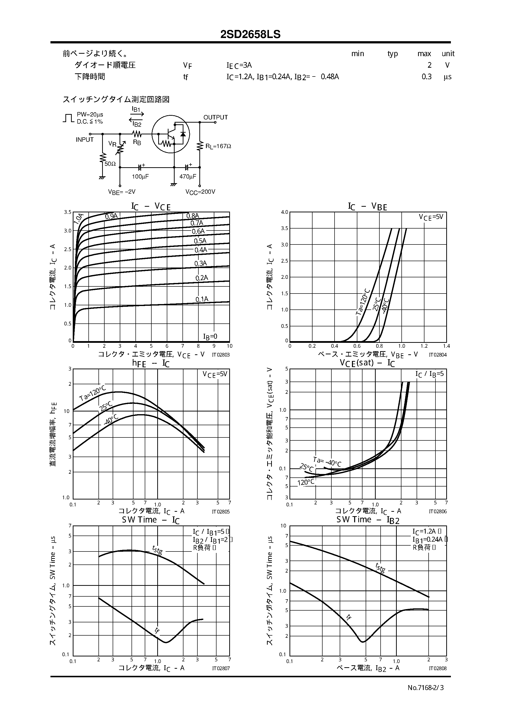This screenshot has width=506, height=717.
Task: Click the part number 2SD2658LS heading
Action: tap(250, 34)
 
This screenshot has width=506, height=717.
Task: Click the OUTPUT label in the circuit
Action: tap(215, 117)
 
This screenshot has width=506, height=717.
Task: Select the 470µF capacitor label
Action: tap(188, 177)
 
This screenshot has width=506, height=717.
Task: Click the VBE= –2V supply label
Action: tap(122, 192)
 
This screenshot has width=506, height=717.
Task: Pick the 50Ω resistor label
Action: tap(110, 164)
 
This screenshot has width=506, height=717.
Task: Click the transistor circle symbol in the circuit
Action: tap(171, 134)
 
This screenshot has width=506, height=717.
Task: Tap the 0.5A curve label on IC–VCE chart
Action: tap(200, 241)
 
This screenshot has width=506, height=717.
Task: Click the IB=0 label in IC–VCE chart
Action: tap(210, 336)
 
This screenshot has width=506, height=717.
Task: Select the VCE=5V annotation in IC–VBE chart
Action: tap(431, 217)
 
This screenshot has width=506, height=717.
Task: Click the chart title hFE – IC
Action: tap(151, 363)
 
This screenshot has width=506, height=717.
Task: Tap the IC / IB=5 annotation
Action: tap(429, 374)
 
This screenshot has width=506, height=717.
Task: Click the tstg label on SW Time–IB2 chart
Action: tap(380, 567)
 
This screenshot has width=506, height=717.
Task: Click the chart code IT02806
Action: tap(437, 512)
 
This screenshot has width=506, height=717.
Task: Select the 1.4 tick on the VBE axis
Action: tap(446, 346)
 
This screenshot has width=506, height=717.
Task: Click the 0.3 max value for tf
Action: tap(426, 77)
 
